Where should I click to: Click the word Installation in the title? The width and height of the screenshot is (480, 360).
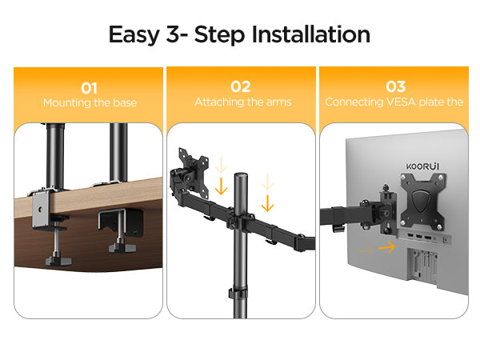(x=310, y=34)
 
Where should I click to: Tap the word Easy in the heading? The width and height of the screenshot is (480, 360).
(x=134, y=35)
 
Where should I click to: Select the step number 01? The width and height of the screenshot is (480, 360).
(x=89, y=89)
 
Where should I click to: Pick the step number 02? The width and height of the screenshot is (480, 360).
(x=241, y=86)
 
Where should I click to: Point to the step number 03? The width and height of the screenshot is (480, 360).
(x=396, y=86)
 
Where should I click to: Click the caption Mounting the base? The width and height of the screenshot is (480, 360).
(x=90, y=102)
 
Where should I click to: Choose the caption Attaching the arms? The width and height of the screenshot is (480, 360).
(x=242, y=102)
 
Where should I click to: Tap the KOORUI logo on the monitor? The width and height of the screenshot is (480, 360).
(x=422, y=166)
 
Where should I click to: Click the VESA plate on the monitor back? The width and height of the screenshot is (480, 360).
(x=423, y=201)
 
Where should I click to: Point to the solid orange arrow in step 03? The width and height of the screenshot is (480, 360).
(x=386, y=247)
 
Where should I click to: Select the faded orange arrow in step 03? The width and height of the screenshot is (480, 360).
(x=366, y=250)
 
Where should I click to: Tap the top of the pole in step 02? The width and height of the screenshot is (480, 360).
(x=241, y=174)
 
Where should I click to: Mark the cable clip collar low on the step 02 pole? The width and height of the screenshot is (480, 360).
(x=238, y=294)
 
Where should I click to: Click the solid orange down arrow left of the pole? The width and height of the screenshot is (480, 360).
(x=221, y=186)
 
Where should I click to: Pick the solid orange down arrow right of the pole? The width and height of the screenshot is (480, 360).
(x=267, y=203)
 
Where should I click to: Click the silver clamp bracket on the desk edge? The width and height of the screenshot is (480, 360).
(x=41, y=208)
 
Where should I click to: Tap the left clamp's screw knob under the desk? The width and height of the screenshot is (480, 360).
(x=58, y=261)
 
